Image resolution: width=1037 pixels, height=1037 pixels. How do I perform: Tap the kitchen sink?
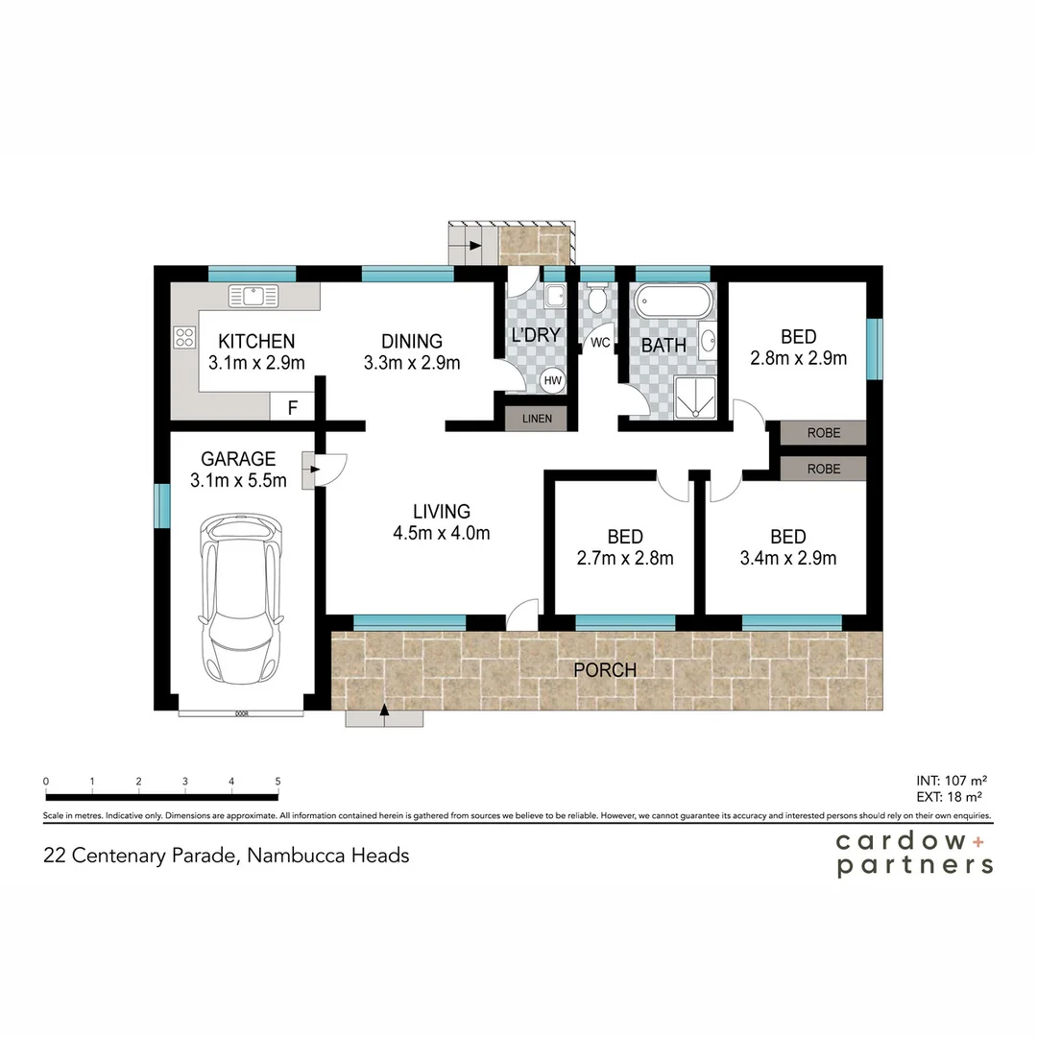point(253,296)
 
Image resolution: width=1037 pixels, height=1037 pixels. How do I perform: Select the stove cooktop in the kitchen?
point(184,337)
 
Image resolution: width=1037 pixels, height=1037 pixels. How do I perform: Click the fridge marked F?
point(293,407)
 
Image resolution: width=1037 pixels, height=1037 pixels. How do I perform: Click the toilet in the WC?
point(597,301)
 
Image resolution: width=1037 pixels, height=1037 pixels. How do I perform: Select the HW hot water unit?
point(552,379)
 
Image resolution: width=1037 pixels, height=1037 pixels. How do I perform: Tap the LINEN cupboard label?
point(537,419)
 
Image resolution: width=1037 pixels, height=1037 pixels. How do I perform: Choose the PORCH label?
point(605,669)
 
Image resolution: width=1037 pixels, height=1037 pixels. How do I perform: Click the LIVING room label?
point(442,511)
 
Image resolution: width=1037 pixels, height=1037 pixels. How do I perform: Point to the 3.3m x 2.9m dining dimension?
point(412,363)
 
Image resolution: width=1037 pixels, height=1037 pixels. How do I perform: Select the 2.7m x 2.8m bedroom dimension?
point(625,558)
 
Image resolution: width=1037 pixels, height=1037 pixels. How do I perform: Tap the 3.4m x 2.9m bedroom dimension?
point(788,558)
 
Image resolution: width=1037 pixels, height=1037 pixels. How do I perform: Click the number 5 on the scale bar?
point(277,782)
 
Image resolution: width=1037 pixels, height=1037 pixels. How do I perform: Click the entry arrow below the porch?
point(385,711)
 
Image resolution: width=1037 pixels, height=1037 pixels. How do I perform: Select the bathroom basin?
point(708,341)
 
